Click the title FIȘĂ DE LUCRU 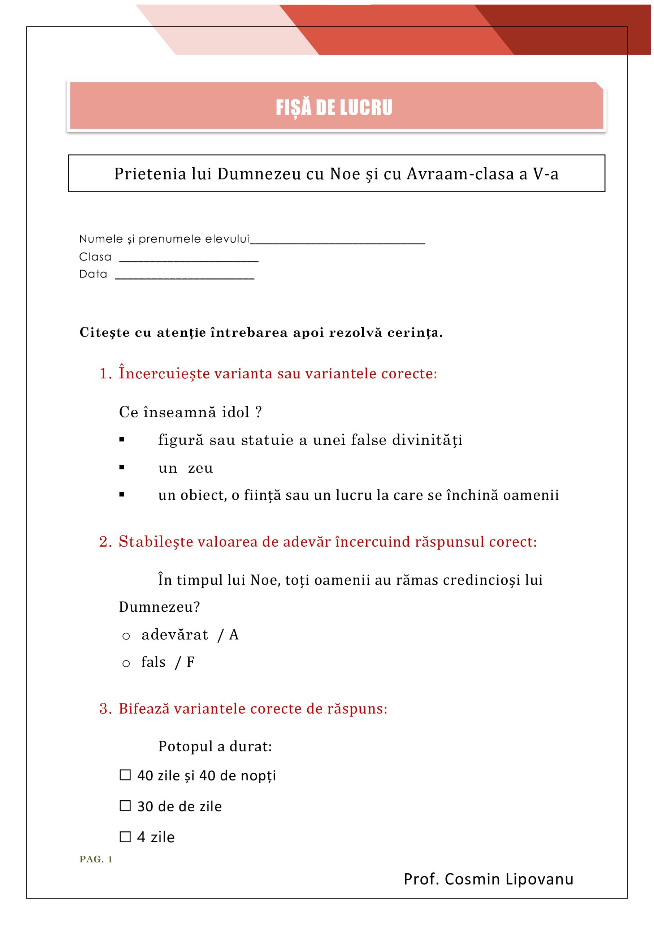point(334,108)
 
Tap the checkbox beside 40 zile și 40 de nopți point(125,775)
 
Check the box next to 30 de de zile point(125,806)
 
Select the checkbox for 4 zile point(125,837)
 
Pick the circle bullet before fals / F point(126,663)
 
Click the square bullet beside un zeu point(122,467)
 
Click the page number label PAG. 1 point(96,859)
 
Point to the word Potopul point(185,746)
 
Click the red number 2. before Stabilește point(105,542)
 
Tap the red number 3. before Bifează point(105,709)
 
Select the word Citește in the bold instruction point(105,332)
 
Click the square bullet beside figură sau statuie point(122,440)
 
